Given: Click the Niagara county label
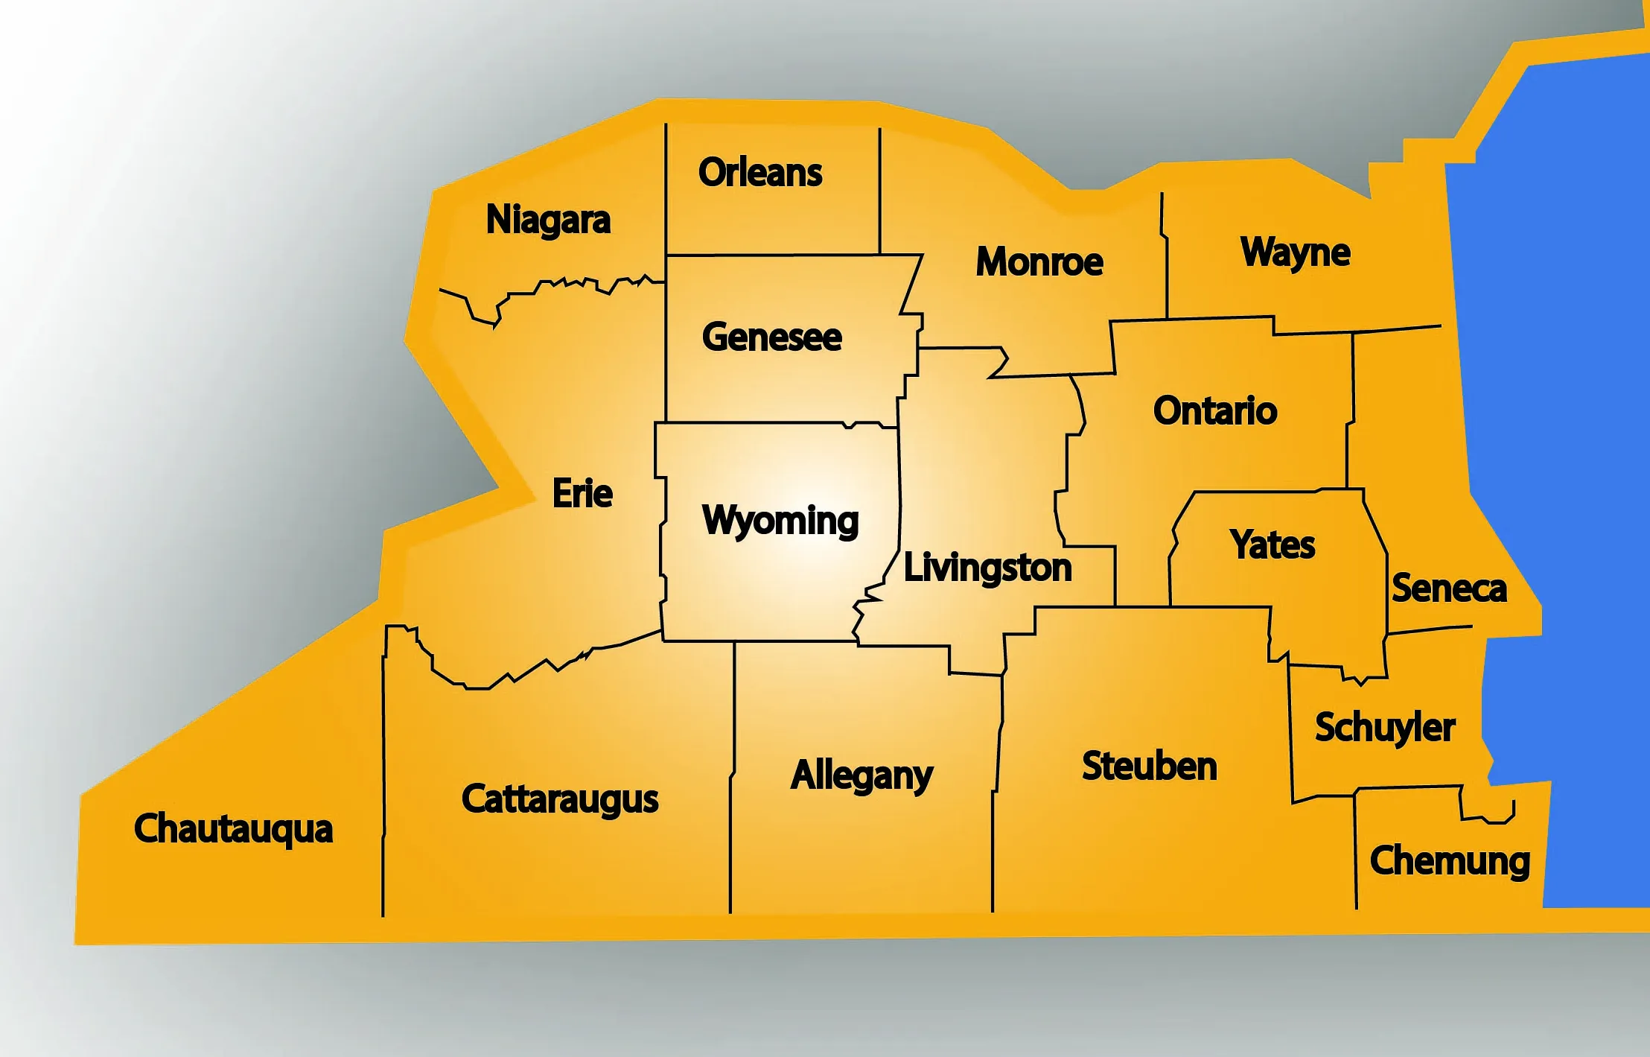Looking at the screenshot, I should coord(548,220).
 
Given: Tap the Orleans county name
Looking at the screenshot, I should coord(760,173).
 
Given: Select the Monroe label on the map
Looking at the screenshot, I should coord(1039,262).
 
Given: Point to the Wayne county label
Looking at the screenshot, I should coord(1295,253).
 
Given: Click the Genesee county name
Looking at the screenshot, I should coord(771,337).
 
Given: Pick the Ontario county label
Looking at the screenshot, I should coord(1215,411).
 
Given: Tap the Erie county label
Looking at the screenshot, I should coord(582,494).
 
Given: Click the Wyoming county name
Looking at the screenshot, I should coord(780,521).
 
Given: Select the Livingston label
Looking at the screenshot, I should coord(987,568).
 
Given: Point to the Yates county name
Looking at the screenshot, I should coord(1272,545).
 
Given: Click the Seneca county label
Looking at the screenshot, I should coord(1449,588).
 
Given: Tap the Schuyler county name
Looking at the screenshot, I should coord(1385,728).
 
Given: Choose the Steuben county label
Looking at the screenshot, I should coord(1150,766).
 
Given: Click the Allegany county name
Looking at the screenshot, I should coord(861,776).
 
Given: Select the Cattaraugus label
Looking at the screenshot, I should coord(560,800).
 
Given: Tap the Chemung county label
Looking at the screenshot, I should coord(1450,862).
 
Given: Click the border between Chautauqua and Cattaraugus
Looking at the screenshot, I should coord(383,782).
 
